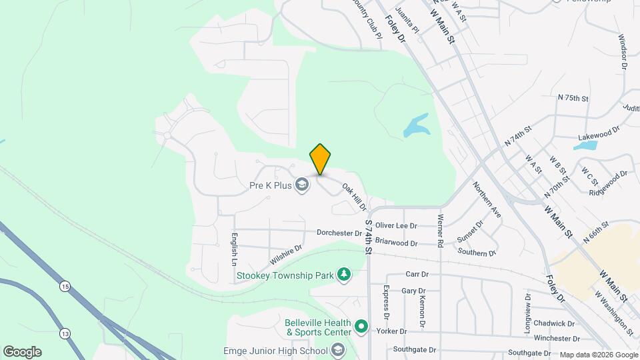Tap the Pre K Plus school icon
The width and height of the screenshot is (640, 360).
coord(302,185)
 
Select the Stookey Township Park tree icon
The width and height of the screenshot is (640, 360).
coord(343,275)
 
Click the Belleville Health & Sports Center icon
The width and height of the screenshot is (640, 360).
coord(361,327)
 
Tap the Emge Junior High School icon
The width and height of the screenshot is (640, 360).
coord(338,351)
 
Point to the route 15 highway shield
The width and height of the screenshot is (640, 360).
coord(64,286)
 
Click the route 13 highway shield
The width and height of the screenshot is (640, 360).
coord(64,333)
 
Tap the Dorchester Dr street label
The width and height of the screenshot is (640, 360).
coord(339,233)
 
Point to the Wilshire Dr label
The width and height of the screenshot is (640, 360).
coord(286,253)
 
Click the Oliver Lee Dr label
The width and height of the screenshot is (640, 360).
coord(396,226)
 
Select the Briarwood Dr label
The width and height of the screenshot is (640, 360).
coord(396,243)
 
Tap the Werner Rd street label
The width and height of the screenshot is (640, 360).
coord(440,228)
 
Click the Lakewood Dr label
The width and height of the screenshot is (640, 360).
coord(599,136)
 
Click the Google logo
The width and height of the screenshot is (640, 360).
coord(22,352)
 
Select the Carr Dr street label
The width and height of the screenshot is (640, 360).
coord(417,274)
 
